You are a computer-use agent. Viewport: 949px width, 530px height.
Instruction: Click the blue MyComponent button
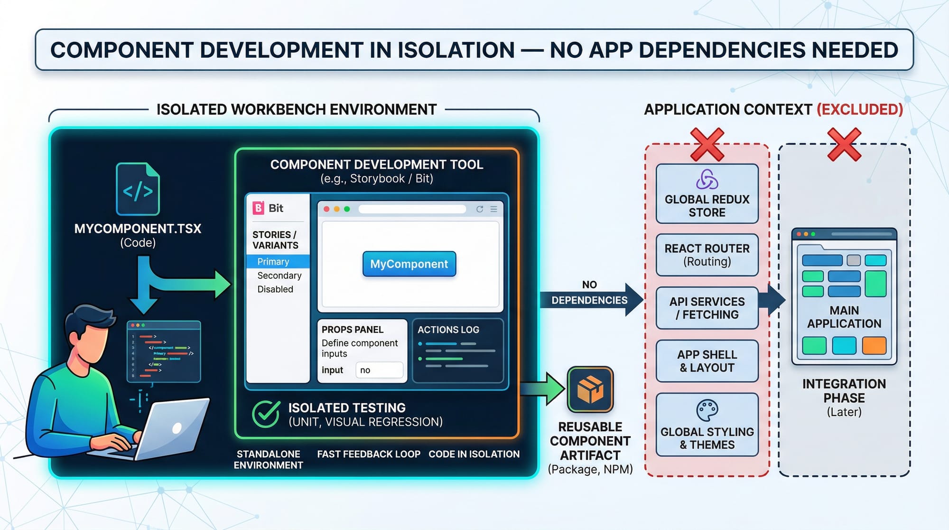tap(409, 264)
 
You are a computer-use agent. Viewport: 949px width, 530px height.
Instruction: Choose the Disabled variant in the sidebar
tap(275, 289)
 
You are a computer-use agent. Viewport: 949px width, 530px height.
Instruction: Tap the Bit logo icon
tap(258, 208)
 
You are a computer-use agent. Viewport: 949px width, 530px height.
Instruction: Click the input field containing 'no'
tap(379, 370)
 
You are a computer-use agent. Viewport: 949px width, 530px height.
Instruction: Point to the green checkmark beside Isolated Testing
tap(266, 414)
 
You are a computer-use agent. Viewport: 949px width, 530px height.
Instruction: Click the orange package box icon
tap(590, 389)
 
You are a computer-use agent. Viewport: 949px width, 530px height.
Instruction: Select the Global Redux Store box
tap(707, 194)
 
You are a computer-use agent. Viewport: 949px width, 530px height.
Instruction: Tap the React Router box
tap(707, 255)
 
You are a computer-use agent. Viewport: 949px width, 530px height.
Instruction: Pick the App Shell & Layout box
tap(707, 361)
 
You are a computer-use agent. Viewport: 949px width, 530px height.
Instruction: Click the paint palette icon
tap(707, 410)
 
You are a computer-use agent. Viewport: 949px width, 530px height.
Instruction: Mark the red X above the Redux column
tap(707, 144)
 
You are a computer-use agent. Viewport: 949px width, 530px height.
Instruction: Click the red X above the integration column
tap(844, 144)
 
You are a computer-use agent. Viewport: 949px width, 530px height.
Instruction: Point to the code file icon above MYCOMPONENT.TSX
tap(138, 189)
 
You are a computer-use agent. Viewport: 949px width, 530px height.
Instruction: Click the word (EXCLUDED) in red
tap(859, 110)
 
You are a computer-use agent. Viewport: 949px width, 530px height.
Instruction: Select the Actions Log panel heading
tap(448, 330)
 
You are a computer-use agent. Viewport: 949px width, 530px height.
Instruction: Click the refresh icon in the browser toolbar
tap(480, 209)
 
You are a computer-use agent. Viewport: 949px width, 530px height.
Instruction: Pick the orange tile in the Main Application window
tap(874, 345)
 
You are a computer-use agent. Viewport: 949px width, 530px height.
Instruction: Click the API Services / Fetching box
tap(707, 308)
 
